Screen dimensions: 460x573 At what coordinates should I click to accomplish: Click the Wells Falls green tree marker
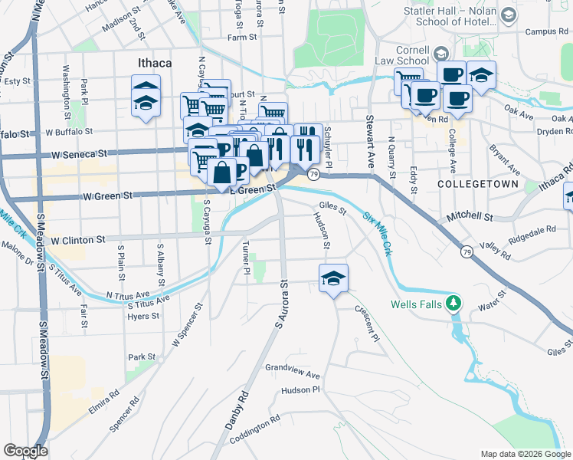[x=454, y=304]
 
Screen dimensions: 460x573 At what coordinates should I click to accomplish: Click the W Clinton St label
[x=77, y=240]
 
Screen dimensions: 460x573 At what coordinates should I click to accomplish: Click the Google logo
[x=25, y=451]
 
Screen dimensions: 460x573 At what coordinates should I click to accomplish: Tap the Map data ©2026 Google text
[x=525, y=454]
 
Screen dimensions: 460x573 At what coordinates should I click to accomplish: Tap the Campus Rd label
[x=545, y=32]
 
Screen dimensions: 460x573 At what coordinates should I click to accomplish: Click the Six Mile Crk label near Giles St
[x=377, y=234]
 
